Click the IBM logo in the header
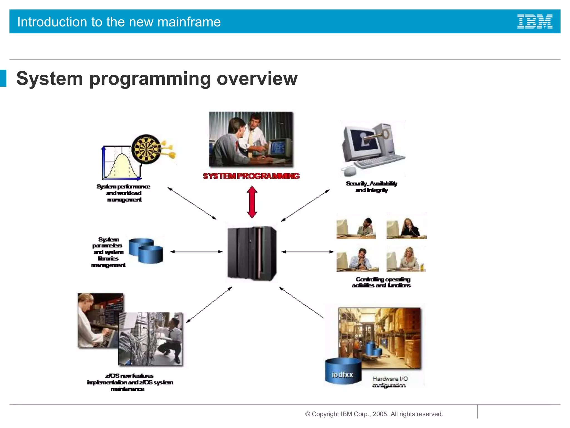click(535, 22)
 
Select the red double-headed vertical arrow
click(252, 202)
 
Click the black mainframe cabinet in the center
click(252, 253)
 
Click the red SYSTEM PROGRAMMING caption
click(251, 176)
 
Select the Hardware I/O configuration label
click(390, 382)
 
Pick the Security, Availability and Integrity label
click(372, 187)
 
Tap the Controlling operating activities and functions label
click(382, 282)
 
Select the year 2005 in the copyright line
click(380, 414)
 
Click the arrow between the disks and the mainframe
click(196, 252)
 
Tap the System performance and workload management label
click(124, 193)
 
